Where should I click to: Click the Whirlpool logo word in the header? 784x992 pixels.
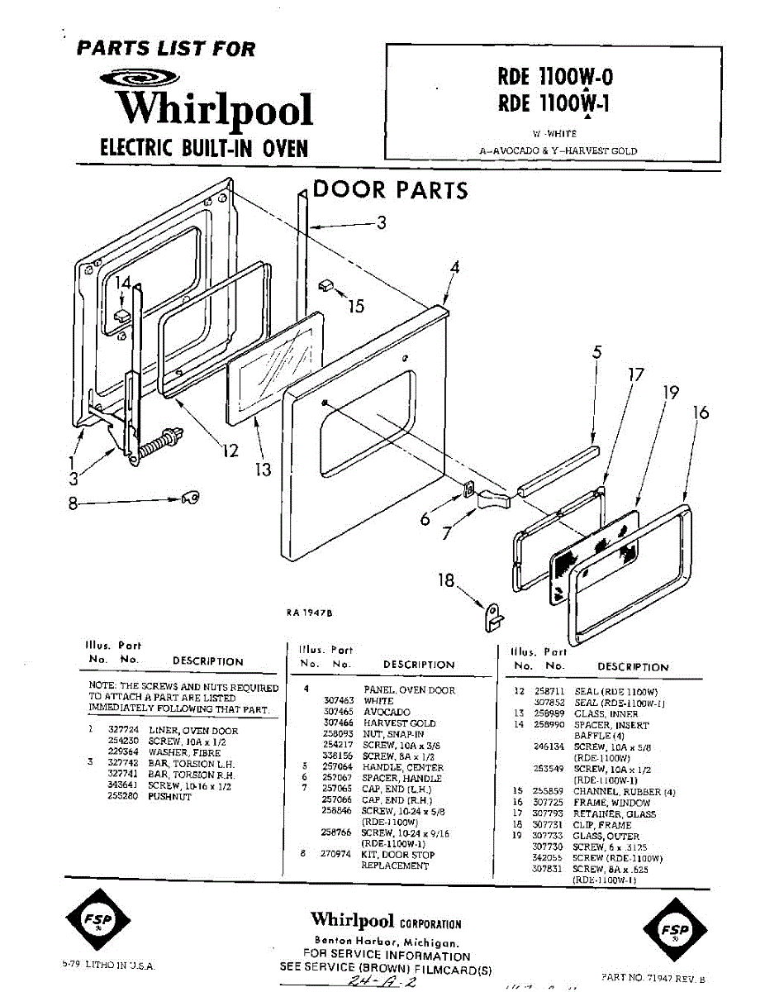(x=213, y=111)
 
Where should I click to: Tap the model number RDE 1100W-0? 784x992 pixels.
(x=554, y=77)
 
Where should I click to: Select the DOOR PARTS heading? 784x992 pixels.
(x=390, y=190)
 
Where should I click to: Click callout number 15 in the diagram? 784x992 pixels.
(x=356, y=307)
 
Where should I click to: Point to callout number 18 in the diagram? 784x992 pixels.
(x=446, y=581)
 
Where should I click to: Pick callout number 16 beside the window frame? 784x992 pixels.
(x=701, y=413)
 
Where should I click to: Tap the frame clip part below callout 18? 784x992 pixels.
(x=495, y=613)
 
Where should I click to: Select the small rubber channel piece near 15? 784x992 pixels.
(x=325, y=285)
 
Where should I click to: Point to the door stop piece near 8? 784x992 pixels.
(x=191, y=497)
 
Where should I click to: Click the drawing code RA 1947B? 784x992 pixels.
(x=311, y=613)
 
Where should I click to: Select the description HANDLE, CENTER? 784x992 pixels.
(x=402, y=767)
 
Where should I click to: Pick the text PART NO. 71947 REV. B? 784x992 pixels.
(x=658, y=977)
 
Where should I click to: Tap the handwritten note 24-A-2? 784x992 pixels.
(x=382, y=981)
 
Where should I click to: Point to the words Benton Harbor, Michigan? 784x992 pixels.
(x=386, y=942)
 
